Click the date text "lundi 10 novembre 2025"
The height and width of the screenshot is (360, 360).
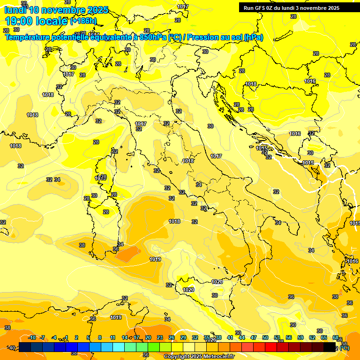[x=56, y=10]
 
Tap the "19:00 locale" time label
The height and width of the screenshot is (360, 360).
[x=36, y=21]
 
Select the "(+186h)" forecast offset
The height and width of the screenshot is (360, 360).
[x=83, y=21]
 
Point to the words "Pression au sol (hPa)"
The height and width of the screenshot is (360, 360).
[x=225, y=37]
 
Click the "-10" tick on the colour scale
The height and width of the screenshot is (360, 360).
[x=32, y=337]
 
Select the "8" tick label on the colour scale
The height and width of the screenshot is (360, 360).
[x=100, y=337]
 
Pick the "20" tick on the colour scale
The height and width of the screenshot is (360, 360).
[x=148, y=337]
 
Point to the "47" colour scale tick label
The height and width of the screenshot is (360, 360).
[x=254, y=337]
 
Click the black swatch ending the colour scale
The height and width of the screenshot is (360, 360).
[x=330, y=347]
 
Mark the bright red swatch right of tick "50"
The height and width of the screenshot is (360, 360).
[x=271, y=347]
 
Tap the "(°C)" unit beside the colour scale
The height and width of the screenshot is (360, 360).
[x=345, y=348]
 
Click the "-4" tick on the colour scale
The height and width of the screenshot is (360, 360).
[x=54, y=337]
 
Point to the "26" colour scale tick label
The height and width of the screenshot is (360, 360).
[x=172, y=337]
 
